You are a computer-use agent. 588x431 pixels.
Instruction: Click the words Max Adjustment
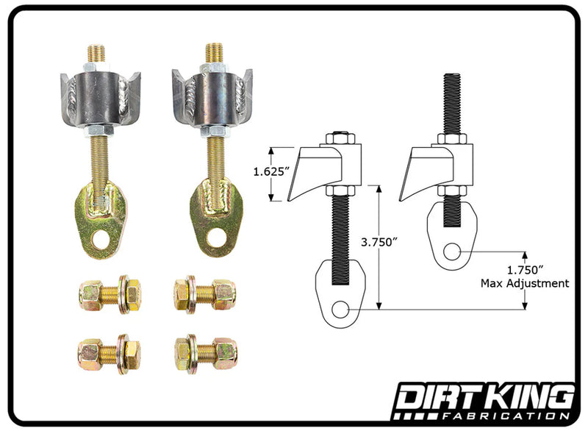point(524,282)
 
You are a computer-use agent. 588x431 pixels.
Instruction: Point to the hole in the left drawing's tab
point(340,309)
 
